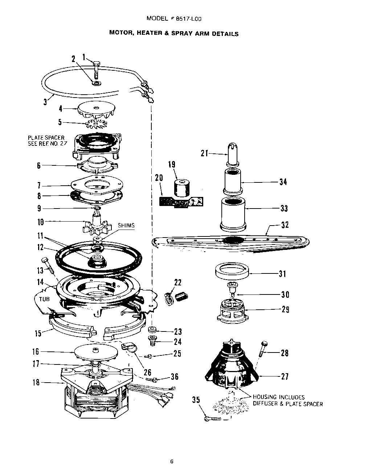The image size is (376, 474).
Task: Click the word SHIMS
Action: [x=126, y=225]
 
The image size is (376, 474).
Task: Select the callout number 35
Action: [x=196, y=400]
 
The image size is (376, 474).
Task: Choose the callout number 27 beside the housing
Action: [x=285, y=376]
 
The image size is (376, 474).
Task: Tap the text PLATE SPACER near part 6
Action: [x=46, y=138]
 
